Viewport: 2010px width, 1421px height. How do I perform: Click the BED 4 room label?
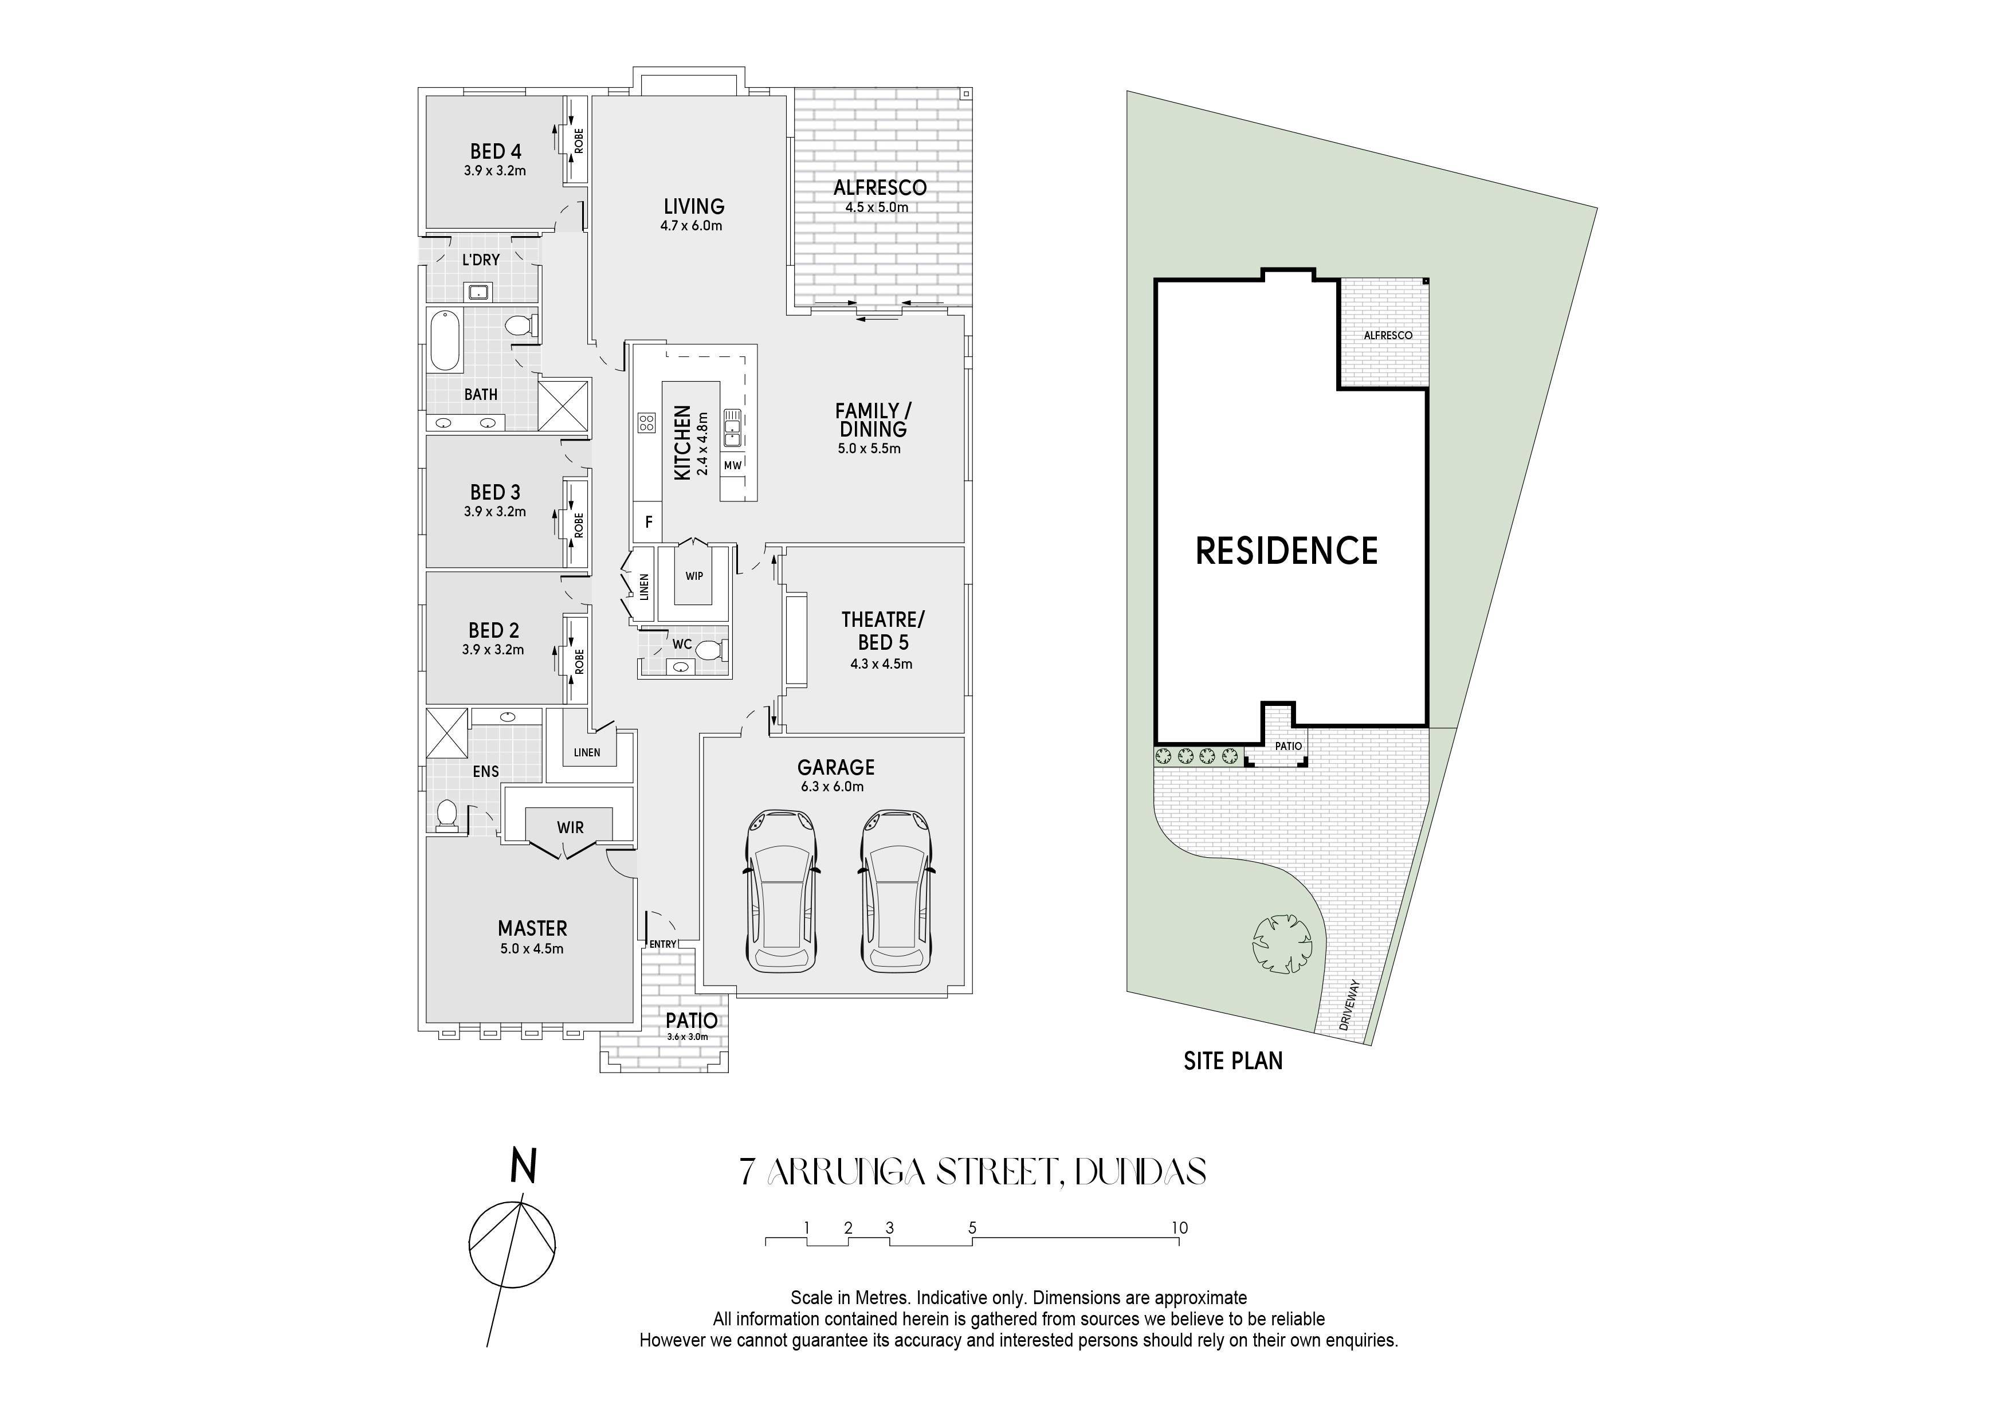(x=496, y=151)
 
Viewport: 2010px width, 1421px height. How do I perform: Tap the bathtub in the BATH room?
(x=444, y=340)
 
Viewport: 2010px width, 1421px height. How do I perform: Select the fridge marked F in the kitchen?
(x=648, y=522)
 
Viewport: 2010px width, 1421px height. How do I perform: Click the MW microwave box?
(x=733, y=465)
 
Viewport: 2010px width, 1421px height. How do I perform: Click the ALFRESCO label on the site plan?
(x=1388, y=335)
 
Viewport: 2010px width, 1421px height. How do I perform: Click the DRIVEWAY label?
(x=1348, y=1004)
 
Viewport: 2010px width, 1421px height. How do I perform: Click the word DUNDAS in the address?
(x=1140, y=1172)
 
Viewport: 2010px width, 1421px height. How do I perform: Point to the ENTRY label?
(x=663, y=944)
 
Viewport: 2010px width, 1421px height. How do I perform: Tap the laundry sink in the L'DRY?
(x=478, y=292)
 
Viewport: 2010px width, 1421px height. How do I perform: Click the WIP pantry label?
(x=694, y=576)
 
